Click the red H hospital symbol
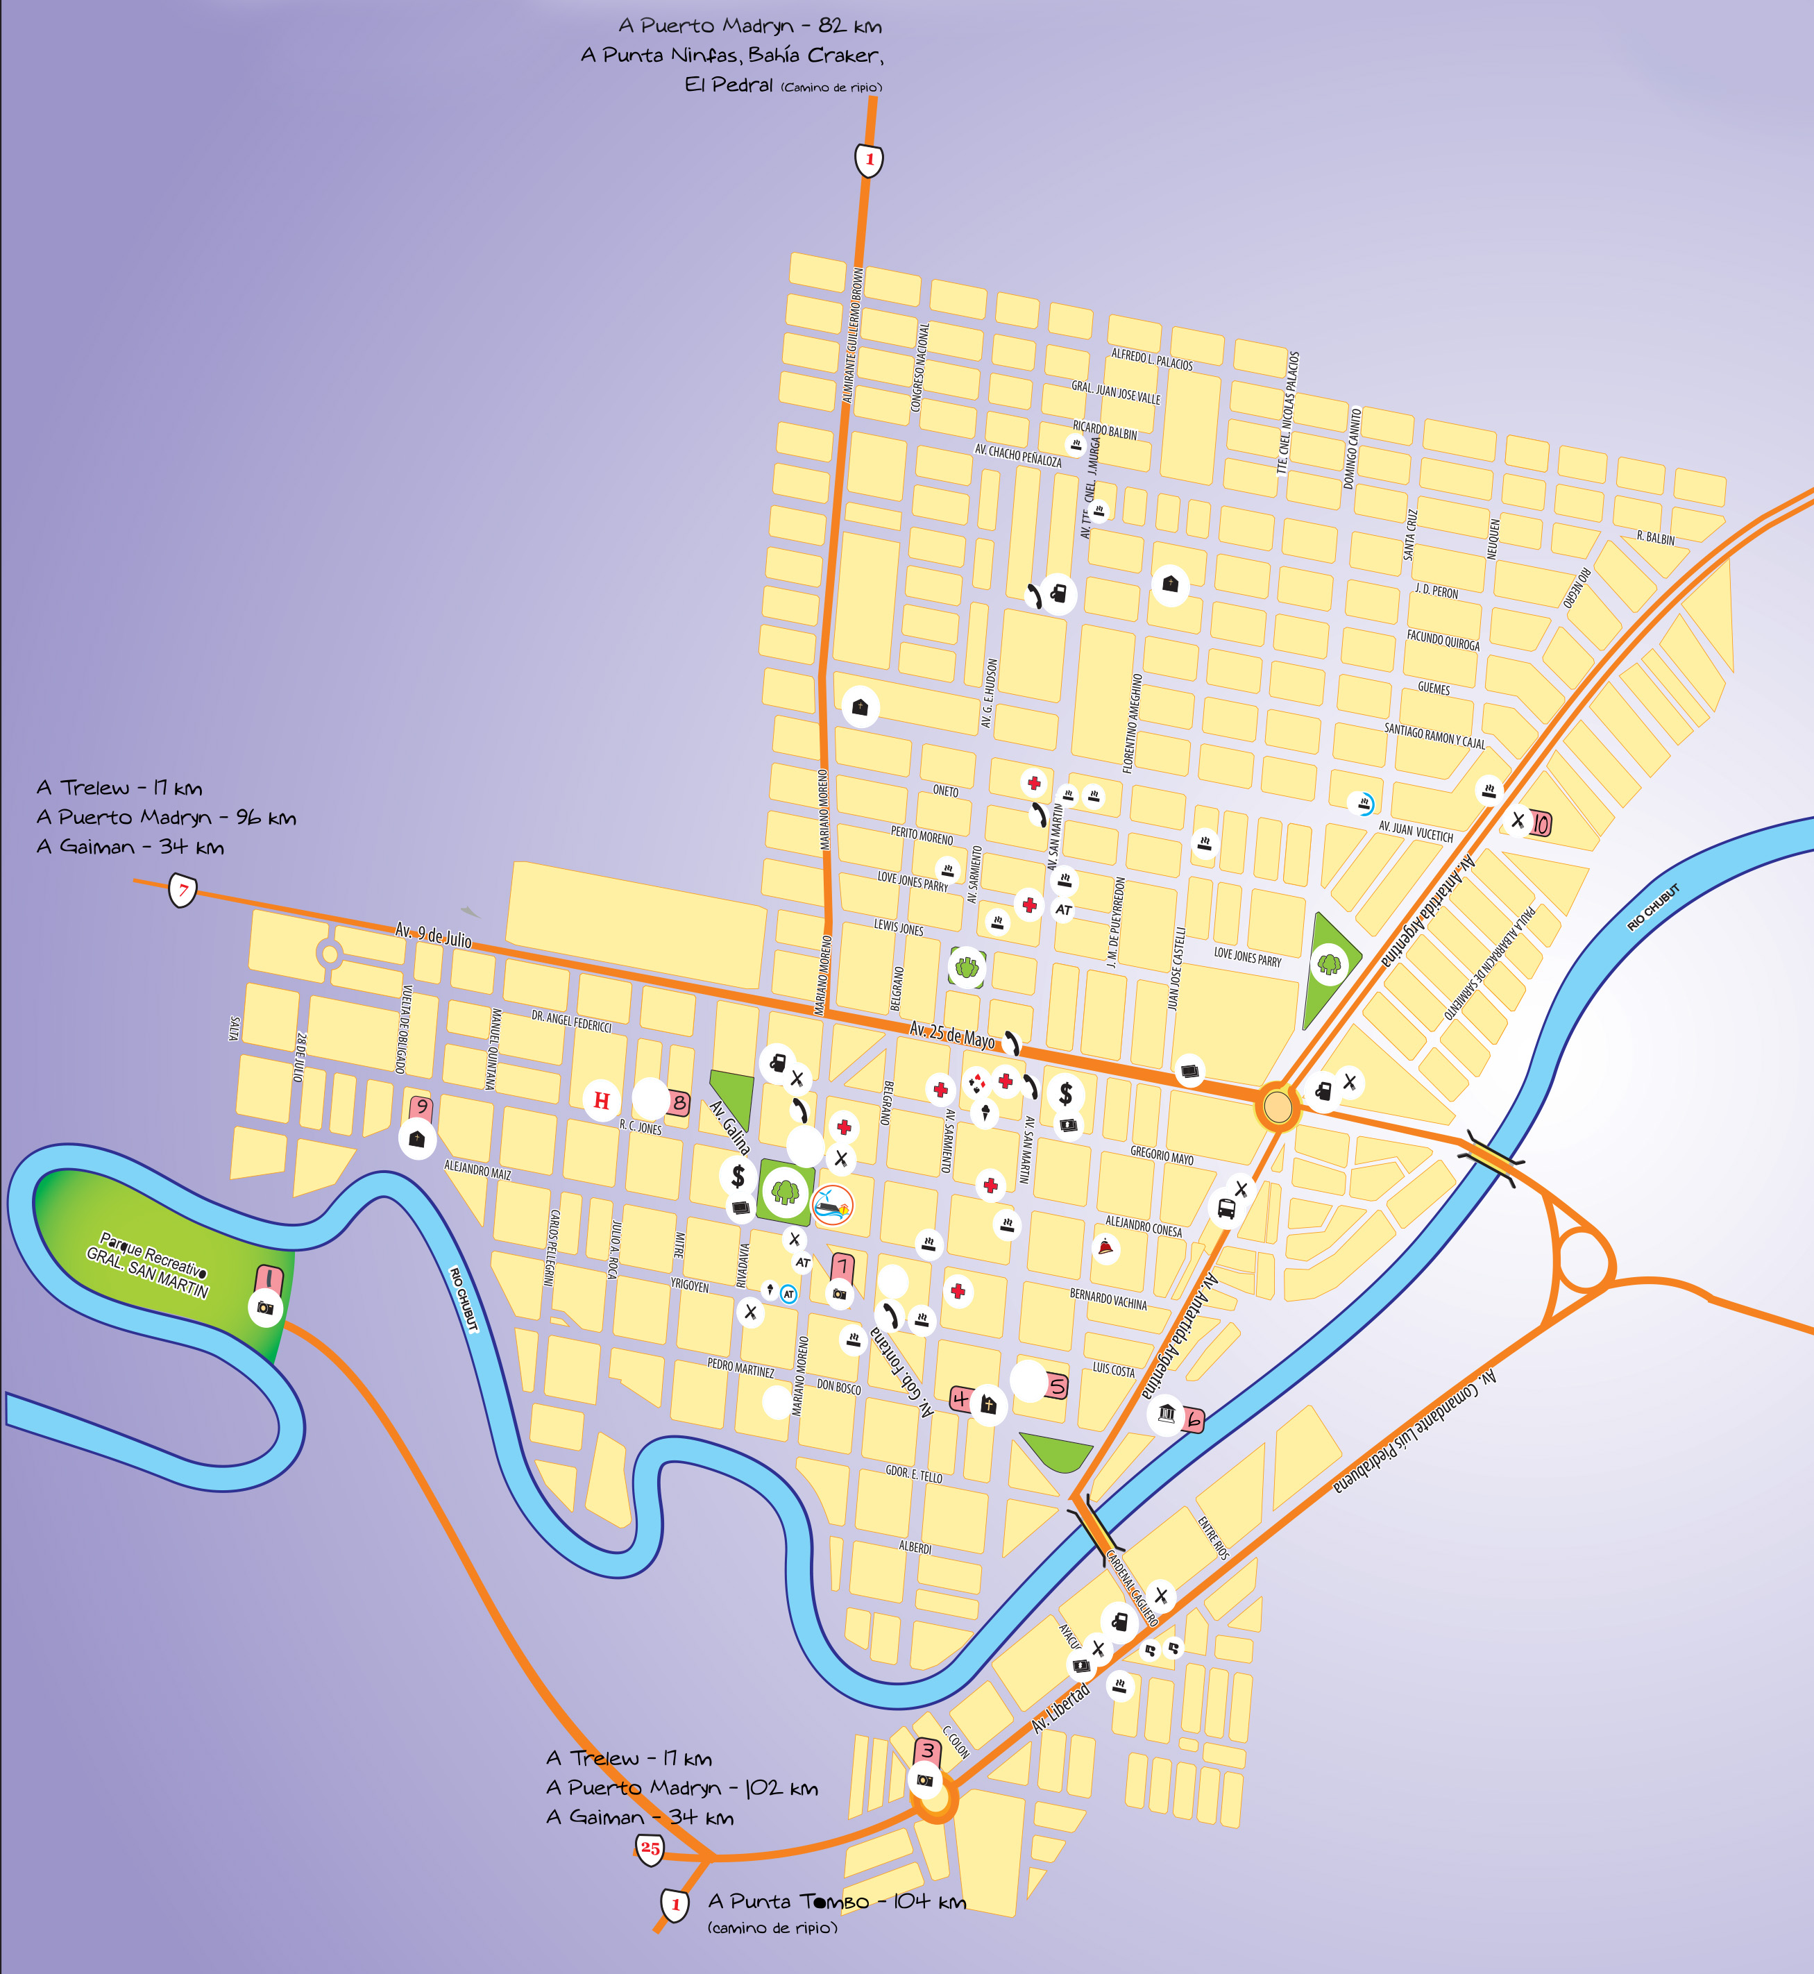(602, 1100)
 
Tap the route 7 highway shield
(183, 891)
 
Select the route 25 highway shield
(650, 1848)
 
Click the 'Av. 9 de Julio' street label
(433, 934)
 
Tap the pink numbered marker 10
(1540, 824)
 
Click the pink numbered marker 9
(422, 1107)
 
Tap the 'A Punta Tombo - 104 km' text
(836, 1903)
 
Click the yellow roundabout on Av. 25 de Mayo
(1277, 1107)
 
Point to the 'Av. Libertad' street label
(1060, 1708)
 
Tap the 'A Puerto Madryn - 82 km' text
(750, 26)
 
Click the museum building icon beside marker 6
(1166, 1413)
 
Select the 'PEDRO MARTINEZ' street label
(740, 1368)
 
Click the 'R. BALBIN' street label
(1655, 538)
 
